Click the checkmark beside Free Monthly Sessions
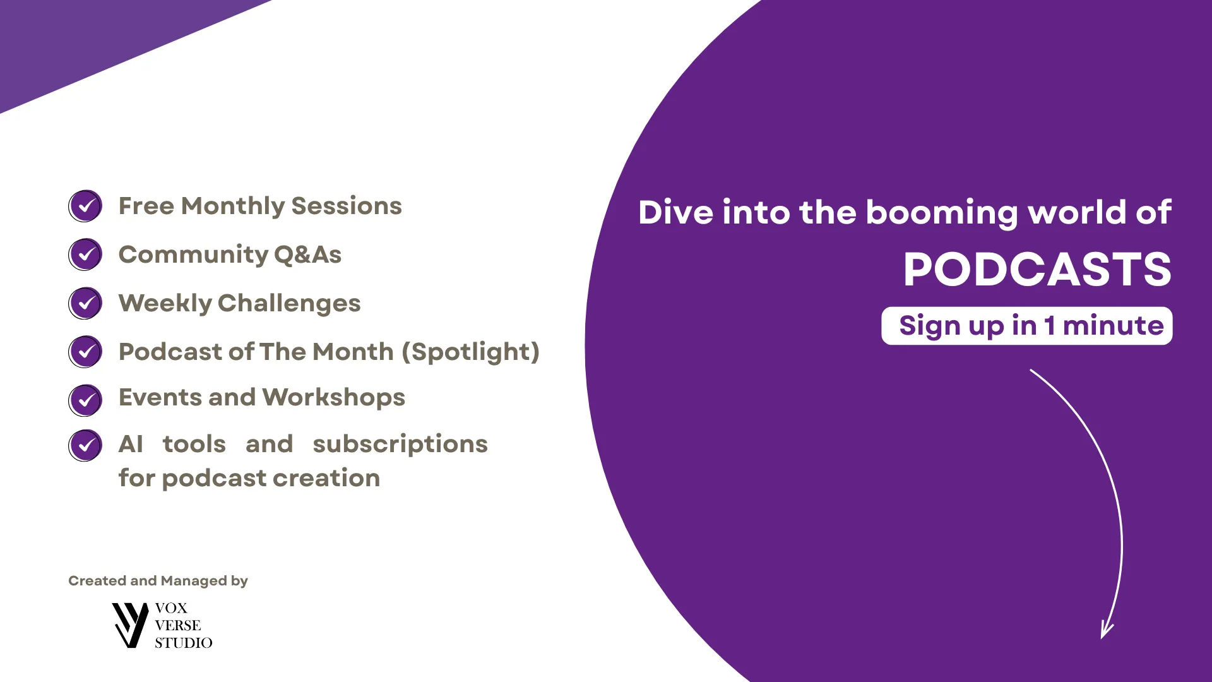pos(85,206)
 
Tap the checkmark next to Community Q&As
pos(85,254)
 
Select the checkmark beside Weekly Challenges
pos(85,303)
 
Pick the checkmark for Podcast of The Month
pos(85,352)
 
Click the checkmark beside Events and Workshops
pos(85,400)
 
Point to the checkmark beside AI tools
pos(85,445)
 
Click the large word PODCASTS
pos(1037,270)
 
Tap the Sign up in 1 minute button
pos(1027,326)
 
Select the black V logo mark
pos(130,625)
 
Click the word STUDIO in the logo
pos(184,643)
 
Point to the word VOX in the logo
pos(171,608)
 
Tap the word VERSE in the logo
pos(178,625)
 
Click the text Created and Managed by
pos(158,581)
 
